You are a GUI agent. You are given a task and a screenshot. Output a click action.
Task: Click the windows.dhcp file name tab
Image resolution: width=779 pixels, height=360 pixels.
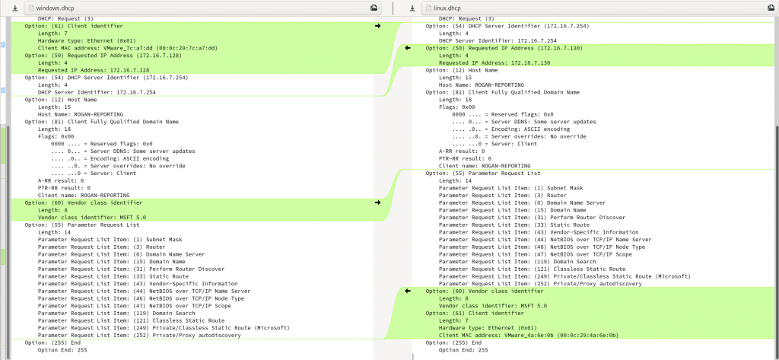click(x=57, y=8)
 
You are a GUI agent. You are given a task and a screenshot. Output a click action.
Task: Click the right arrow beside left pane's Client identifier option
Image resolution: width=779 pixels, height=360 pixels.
click(x=377, y=26)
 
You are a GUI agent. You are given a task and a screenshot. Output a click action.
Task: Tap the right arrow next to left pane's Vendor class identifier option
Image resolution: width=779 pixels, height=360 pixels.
click(x=377, y=202)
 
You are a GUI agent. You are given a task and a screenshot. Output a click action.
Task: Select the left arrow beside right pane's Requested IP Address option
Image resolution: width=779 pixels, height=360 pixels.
click(x=408, y=47)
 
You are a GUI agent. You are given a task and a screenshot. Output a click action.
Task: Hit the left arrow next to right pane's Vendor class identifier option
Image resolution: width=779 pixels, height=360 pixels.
click(x=408, y=291)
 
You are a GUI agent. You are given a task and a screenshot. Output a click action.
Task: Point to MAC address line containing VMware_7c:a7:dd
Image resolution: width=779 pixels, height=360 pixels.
click(x=128, y=48)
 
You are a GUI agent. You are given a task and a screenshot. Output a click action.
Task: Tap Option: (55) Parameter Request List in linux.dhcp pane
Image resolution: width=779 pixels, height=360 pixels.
click(x=474, y=173)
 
